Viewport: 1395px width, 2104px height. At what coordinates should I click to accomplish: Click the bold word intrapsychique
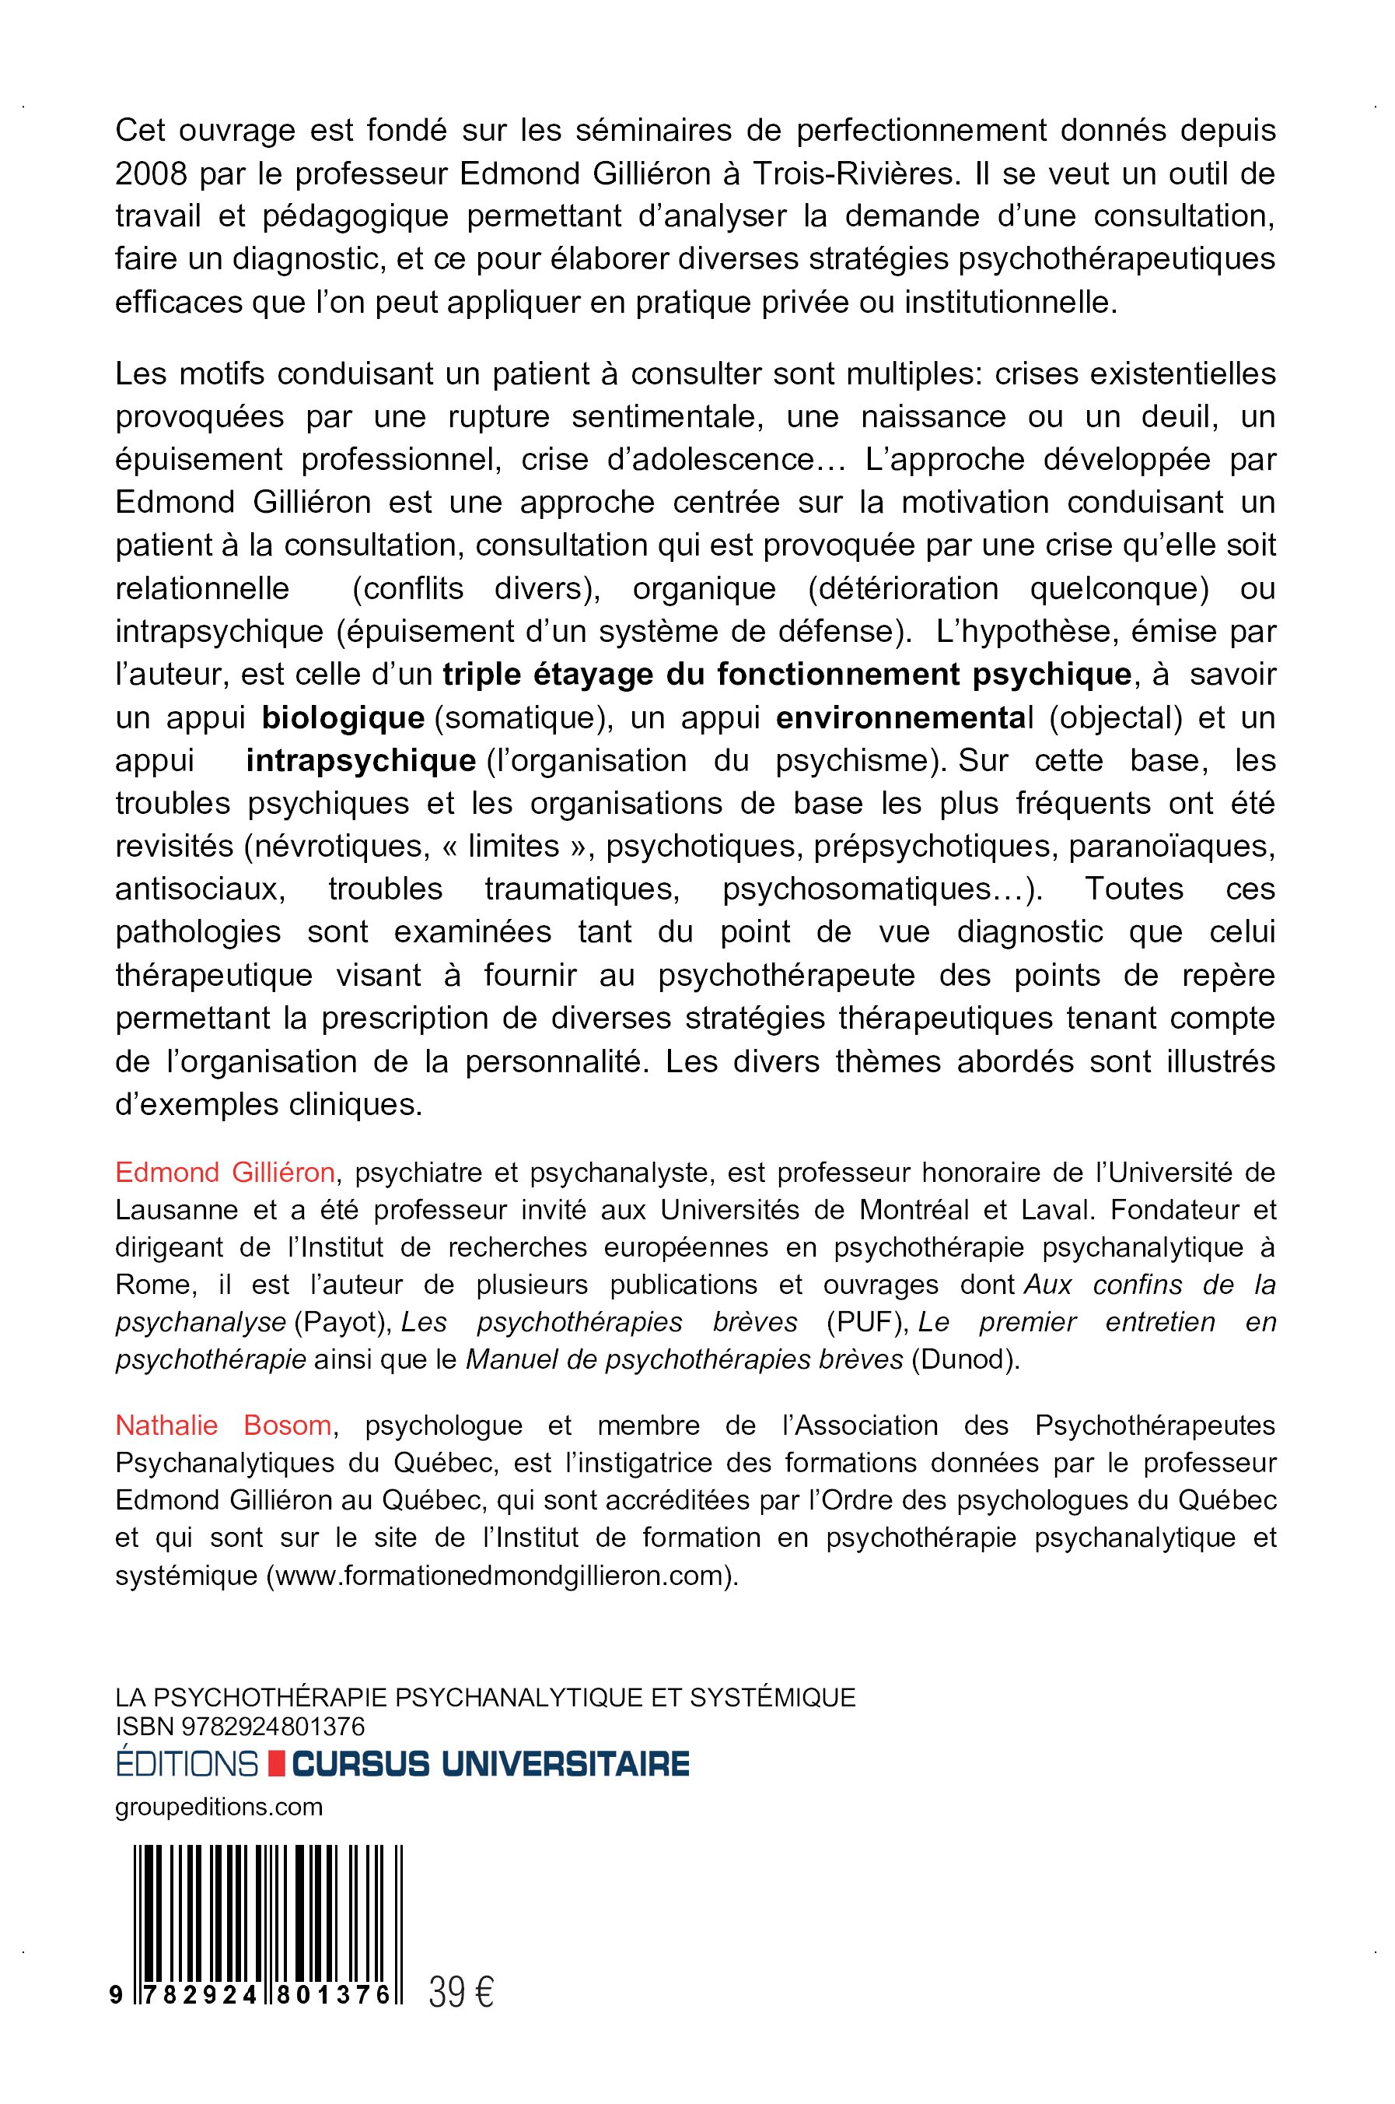point(360,761)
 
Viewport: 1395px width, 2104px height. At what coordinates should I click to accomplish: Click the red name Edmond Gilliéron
point(225,1173)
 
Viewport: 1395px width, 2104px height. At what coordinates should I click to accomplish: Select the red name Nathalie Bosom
point(224,1425)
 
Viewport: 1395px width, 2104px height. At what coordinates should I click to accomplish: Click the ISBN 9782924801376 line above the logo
point(240,1727)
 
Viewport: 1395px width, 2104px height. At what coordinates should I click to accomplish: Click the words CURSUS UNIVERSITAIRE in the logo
point(491,1762)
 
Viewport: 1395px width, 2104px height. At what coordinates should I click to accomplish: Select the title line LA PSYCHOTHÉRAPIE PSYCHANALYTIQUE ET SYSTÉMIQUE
point(486,1697)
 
